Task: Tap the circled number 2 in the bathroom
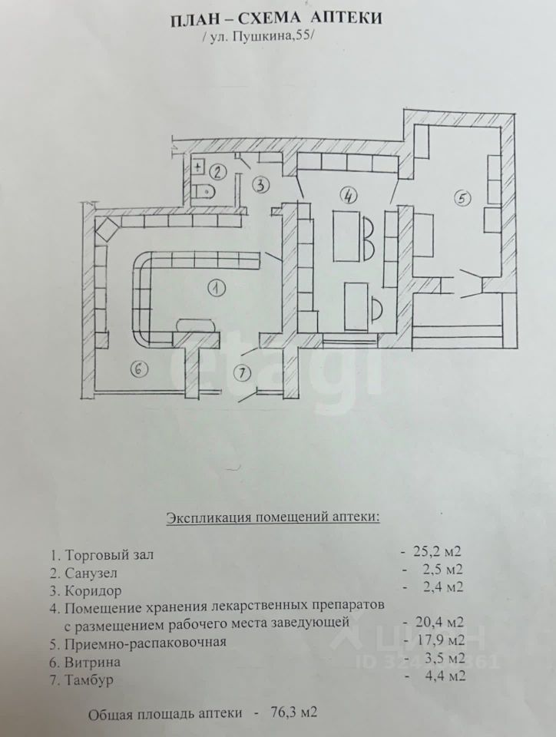pos(217,172)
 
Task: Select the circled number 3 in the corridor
pos(261,185)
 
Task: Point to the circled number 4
pos(348,196)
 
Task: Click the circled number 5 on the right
pos(462,198)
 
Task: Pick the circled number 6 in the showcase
pos(139,369)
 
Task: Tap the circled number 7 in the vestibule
pos(242,373)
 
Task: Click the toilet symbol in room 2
pos(204,192)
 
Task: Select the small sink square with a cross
pos(198,167)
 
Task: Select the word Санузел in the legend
pos(91,573)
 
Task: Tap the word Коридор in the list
pos(93,590)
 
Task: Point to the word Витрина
pos(93,663)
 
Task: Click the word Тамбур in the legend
pos(89,680)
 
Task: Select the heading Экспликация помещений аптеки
pos(273,518)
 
